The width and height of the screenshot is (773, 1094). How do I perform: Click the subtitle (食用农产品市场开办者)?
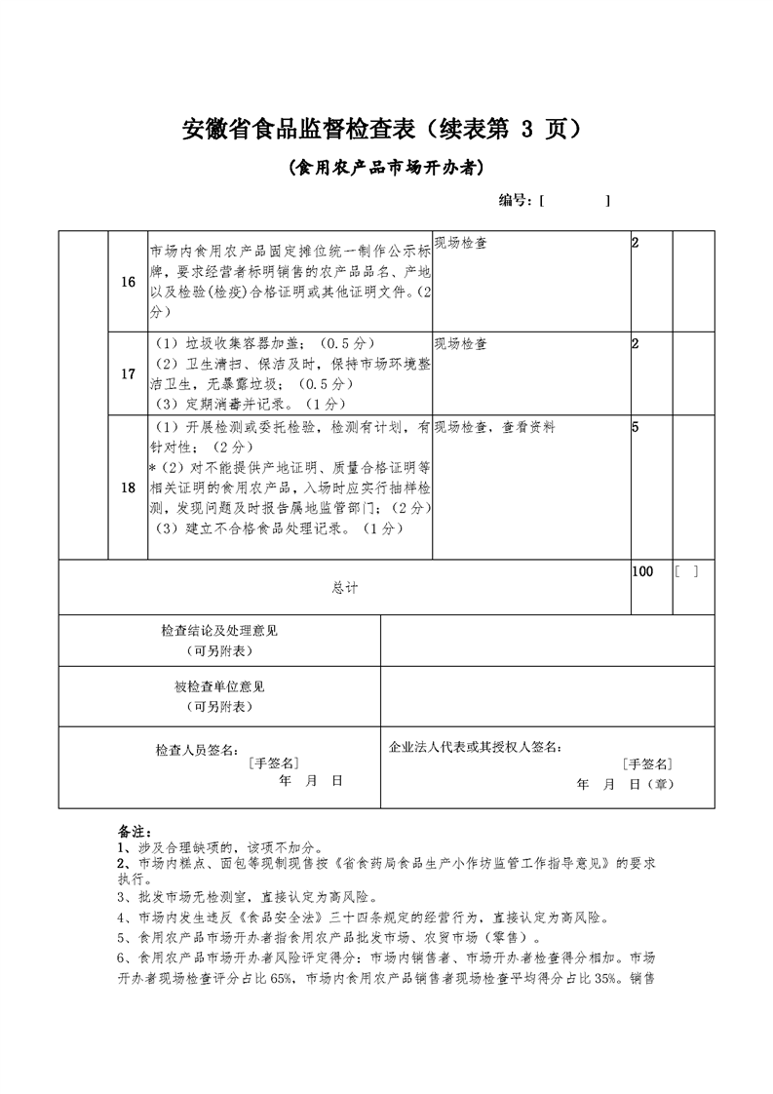coord(386,167)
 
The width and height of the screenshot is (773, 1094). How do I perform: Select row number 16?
coord(128,282)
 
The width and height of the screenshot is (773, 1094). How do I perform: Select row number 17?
coord(128,373)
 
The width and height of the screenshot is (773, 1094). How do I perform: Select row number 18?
coord(128,488)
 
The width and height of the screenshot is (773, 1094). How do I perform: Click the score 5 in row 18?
coord(636,427)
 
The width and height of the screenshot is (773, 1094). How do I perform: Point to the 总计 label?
coord(344,587)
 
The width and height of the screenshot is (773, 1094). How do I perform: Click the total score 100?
coord(642,571)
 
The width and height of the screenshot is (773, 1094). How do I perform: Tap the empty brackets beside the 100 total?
coord(686,571)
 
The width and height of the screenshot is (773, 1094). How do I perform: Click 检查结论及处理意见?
coord(218,632)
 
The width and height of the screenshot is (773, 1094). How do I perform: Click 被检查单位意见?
coord(218,686)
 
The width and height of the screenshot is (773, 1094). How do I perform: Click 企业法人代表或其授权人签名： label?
coord(476,747)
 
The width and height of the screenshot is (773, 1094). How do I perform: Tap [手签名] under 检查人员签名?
coord(273,763)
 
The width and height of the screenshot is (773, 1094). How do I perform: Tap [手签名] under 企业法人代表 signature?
coord(647,764)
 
